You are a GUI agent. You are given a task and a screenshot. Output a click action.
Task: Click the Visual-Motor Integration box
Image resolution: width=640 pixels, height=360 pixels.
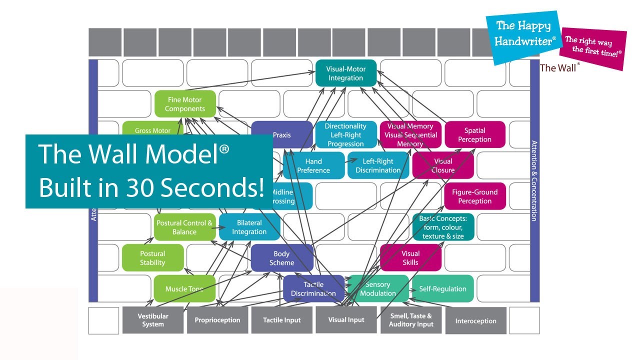(x=345, y=73)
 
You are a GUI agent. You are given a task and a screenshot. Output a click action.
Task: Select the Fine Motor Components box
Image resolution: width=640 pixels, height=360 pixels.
(x=185, y=104)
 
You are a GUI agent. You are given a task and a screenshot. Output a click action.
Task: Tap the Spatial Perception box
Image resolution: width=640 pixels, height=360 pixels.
(x=474, y=135)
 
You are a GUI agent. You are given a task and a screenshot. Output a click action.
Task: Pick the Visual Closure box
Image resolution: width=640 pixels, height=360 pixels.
(x=443, y=165)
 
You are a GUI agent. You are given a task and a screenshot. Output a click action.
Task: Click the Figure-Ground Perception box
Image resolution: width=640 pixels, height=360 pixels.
(x=474, y=196)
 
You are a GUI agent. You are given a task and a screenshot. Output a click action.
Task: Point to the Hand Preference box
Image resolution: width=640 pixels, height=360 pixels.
(x=313, y=165)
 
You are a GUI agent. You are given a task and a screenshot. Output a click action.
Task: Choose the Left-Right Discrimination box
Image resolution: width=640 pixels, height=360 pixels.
(x=378, y=165)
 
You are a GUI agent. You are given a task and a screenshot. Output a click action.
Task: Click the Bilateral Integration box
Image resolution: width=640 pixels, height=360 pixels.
(x=249, y=227)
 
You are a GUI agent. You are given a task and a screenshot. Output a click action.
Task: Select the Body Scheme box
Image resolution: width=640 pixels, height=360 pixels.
(x=282, y=258)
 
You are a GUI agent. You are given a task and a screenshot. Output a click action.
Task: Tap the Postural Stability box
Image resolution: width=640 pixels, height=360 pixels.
(x=152, y=258)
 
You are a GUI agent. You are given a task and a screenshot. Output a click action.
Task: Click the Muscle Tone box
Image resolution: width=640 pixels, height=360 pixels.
(x=184, y=288)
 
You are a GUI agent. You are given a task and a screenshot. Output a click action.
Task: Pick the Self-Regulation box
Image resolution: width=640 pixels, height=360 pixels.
(x=442, y=288)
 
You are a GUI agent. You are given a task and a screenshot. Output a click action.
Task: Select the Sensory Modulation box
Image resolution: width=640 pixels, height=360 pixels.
(x=378, y=288)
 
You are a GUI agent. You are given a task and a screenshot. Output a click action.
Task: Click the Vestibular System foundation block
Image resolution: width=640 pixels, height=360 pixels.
(x=152, y=320)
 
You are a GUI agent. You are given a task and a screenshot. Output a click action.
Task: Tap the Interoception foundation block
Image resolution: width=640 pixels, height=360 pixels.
(x=475, y=321)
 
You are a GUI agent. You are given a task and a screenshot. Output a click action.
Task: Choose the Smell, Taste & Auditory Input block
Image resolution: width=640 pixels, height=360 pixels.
(x=410, y=320)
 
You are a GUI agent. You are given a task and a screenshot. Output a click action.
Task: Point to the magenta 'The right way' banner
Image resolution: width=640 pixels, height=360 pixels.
(x=593, y=46)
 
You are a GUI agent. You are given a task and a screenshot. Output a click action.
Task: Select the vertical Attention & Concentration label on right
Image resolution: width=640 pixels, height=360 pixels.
(x=534, y=180)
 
